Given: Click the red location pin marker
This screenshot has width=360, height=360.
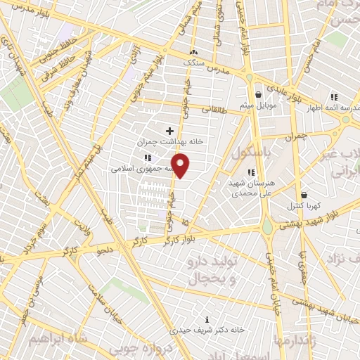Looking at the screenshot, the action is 181,166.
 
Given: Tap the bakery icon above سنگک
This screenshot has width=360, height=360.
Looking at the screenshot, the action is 195,52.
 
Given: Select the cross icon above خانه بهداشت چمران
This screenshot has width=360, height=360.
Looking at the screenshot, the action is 169,130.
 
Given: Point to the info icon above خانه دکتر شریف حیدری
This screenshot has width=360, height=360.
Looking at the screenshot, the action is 207,318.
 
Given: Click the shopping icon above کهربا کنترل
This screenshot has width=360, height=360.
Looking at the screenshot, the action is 304,195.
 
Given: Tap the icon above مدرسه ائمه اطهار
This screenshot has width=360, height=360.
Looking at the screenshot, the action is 334,97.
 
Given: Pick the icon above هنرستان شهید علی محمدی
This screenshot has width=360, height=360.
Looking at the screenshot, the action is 250,172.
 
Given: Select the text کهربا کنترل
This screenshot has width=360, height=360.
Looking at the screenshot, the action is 302,206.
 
